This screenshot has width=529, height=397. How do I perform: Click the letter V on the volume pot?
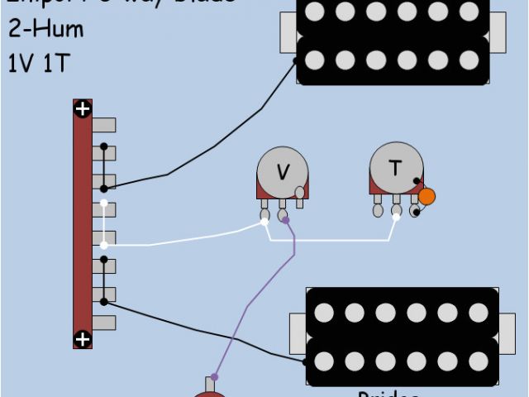click(283, 172)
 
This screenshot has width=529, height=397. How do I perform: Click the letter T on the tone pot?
click(395, 168)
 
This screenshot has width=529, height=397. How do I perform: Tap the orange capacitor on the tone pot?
click(427, 197)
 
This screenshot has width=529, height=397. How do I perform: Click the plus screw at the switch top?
click(83, 109)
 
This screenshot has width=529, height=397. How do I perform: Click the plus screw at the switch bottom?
click(83, 338)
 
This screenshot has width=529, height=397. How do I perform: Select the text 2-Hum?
click(46, 29)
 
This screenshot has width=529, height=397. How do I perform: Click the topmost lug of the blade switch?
click(102, 125)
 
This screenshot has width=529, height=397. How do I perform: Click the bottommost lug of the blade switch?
click(102, 322)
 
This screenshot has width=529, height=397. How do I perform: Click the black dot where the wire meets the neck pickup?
click(297, 60)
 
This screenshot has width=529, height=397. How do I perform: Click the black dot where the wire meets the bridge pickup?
click(306, 361)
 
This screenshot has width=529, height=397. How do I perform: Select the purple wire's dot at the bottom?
click(214, 377)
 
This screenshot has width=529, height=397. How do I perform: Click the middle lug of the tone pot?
click(396, 211)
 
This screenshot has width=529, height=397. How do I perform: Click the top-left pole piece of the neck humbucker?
click(313, 12)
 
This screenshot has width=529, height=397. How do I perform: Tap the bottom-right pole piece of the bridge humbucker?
click(478, 361)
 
